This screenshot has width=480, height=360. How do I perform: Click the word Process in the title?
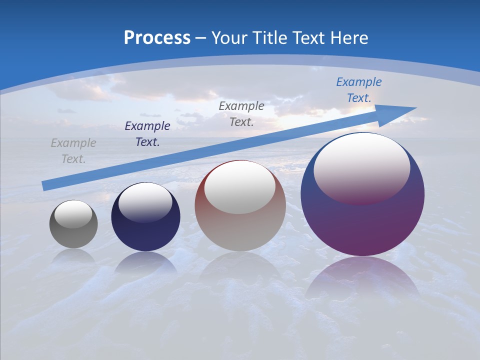pos(157,38)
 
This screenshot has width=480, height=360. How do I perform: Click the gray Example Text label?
pos(73,151)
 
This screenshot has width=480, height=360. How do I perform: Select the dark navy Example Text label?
pos(147,134)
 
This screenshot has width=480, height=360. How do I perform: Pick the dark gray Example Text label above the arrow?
pos(241,114)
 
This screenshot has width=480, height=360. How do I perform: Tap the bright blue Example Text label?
pos(359,90)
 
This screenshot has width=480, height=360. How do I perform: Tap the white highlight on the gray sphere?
pos(73,214)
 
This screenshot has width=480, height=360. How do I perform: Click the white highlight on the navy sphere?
pos(145,201)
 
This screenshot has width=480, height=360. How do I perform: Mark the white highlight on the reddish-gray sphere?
pos(240,186)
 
